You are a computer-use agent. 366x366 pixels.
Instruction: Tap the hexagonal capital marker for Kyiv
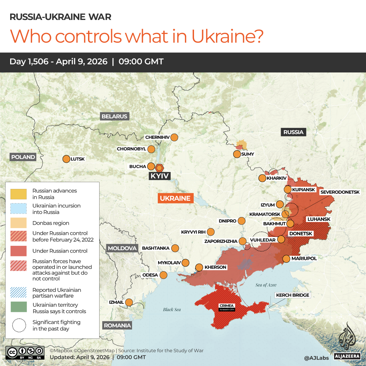tap(159, 168)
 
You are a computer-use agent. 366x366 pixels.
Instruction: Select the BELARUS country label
tap(114, 116)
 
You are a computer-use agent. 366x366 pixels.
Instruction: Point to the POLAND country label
tap(23, 157)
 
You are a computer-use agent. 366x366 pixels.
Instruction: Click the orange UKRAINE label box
tap(175, 198)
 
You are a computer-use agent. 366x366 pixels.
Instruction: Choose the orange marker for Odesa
tap(164, 275)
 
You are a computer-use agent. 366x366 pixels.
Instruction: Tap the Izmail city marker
tap(129, 302)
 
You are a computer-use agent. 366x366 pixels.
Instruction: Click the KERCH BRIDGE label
tap(293, 295)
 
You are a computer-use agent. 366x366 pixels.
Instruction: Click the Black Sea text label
tap(172, 309)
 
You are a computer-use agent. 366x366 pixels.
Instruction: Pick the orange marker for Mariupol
tap(286, 259)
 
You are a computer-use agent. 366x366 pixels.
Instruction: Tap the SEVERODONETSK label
tap(340, 192)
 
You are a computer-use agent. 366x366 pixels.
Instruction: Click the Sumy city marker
tap(237, 154)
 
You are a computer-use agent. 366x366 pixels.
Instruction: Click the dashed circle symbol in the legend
tap(19, 325)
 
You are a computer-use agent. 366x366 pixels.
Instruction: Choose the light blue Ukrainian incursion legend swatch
tap(19, 209)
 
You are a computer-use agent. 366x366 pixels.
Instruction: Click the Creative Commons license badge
tap(25, 352)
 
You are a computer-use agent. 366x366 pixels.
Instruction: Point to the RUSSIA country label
tap(294, 132)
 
